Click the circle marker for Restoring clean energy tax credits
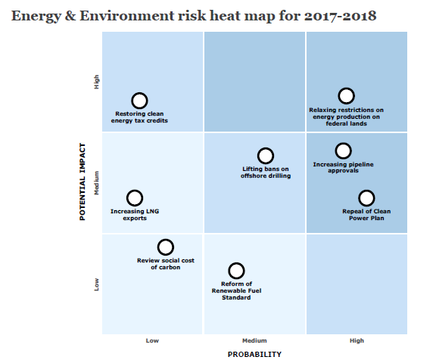pos(139,101)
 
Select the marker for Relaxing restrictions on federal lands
pos(346,95)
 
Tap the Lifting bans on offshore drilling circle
pos(265,156)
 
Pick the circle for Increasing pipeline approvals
pos(343,151)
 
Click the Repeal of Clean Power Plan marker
pos(366,198)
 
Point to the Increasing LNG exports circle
pos(135,198)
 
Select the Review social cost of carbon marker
pos(165,247)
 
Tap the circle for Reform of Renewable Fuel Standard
pos(236,271)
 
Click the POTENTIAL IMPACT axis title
pos(83,183)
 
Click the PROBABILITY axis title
pos(254,353)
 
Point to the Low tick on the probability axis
pos(152,340)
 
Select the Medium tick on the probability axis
pos(254,340)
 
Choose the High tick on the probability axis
pos(357,340)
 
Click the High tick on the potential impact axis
pos(97,82)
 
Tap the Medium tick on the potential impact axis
pos(97,183)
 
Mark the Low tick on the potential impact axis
pos(97,284)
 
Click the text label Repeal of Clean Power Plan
pos(366,216)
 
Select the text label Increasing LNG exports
pos(135,216)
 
